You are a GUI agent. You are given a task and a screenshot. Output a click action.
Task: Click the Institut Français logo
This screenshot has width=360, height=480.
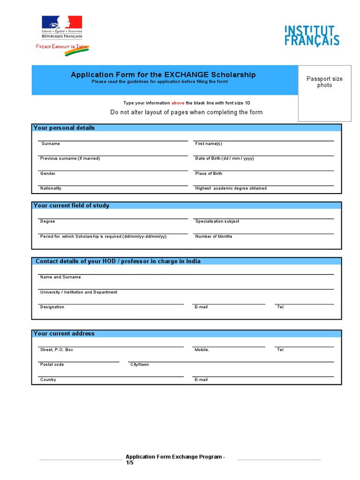click(x=312, y=36)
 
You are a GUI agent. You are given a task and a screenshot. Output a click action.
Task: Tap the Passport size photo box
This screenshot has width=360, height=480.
click(x=324, y=93)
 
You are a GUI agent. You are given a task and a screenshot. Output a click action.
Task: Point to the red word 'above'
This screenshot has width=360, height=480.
click(x=178, y=103)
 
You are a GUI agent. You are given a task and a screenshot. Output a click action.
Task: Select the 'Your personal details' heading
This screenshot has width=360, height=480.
click(x=64, y=128)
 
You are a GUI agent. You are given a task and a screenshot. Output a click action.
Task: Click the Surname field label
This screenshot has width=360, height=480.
click(x=51, y=144)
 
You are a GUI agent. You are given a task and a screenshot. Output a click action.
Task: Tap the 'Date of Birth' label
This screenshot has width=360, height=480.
click(x=225, y=158)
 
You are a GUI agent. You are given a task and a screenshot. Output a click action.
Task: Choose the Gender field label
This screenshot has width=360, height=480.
click(x=48, y=173)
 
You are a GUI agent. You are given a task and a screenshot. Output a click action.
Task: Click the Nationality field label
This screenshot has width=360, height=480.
click(x=51, y=188)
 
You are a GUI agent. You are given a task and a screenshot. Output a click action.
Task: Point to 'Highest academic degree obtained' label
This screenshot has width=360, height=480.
click(x=231, y=188)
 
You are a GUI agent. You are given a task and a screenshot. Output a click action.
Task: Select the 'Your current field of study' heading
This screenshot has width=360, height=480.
click(x=71, y=205)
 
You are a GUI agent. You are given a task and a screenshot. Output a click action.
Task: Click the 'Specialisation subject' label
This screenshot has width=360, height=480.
click(x=217, y=221)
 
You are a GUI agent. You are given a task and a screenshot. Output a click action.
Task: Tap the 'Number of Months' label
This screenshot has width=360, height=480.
click(x=213, y=236)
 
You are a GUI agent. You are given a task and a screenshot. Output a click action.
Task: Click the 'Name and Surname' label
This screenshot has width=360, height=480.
click(x=60, y=277)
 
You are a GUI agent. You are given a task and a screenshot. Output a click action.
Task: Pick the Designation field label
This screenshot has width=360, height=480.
click(x=52, y=307)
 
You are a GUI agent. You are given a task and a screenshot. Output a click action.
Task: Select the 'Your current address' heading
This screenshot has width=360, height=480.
click(x=64, y=334)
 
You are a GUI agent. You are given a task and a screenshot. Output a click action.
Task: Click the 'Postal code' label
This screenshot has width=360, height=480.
click(x=52, y=364)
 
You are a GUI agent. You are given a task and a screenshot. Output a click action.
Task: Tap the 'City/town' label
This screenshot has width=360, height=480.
click(x=140, y=364)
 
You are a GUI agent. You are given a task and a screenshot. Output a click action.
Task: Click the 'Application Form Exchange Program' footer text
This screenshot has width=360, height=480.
click(x=175, y=457)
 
